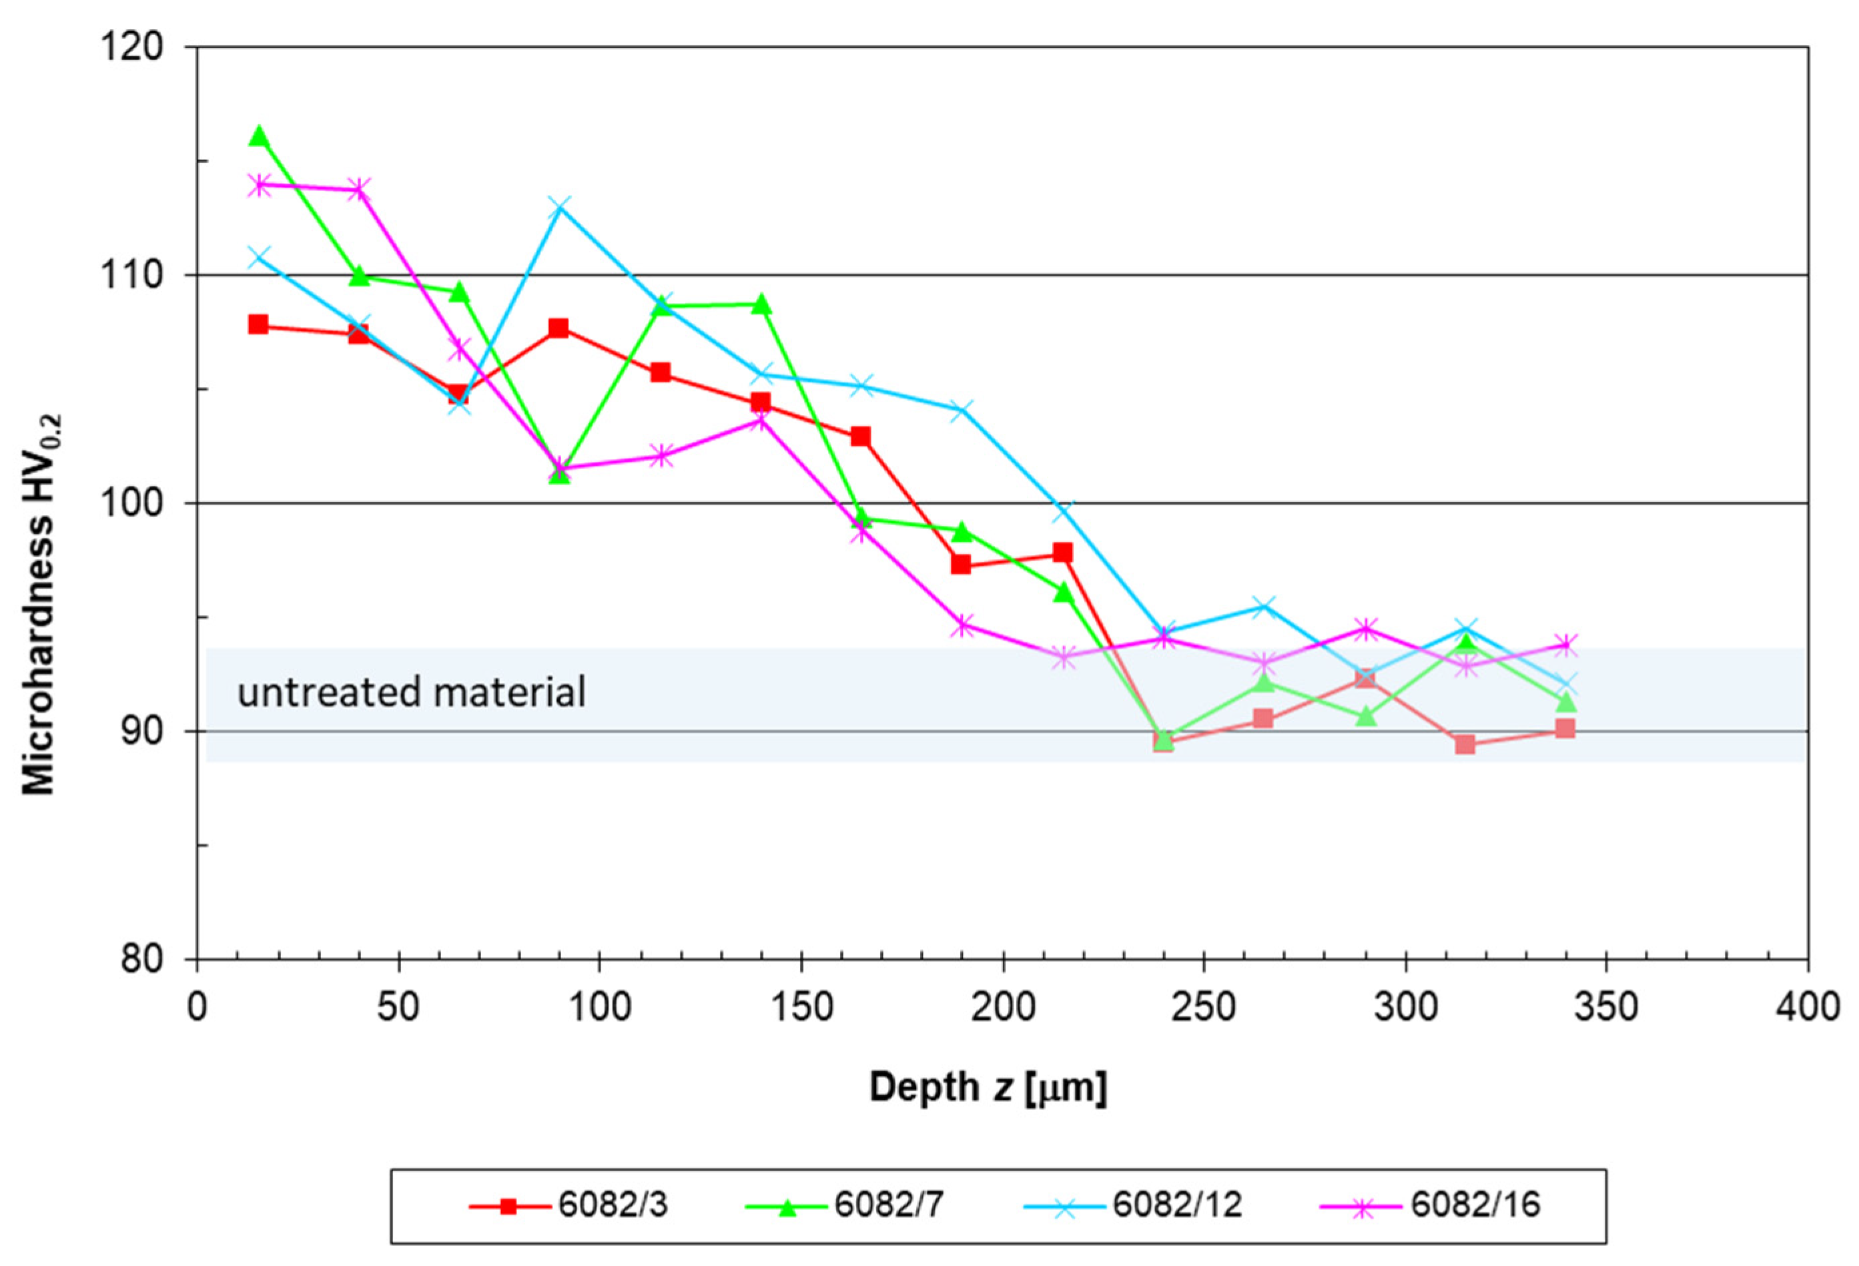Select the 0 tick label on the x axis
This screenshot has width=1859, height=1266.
pyautogui.click(x=197, y=1006)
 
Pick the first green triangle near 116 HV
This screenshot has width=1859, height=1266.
pyautogui.click(x=258, y=136)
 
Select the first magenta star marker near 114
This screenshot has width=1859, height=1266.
pyautogui.click(x=258, y=185)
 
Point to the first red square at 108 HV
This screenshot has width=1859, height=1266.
pyautogui.click(x=258, y=324)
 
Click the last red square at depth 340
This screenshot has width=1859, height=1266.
pyautogui.click(x=1565, y=728)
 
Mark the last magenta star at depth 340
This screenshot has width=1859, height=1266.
pyautogui.click(x=1565, y=644)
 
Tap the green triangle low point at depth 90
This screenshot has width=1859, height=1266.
pyautogui.click(x=559, y=474)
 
